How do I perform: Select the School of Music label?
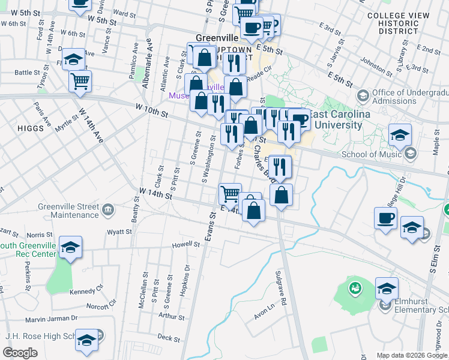(x=370, y=154)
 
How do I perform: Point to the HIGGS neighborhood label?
(x=31, y=128)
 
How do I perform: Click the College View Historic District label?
(x=399, y=23)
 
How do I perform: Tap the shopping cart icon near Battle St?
(x=80, y=80)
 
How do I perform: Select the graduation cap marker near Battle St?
(x=73, y=59)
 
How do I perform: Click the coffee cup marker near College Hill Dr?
(x=385, y=217)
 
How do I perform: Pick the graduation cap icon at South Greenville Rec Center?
(x=70, y=247)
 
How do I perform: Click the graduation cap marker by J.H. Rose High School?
(x=87, y=340)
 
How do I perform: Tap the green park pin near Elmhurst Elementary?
(x=355, y=287)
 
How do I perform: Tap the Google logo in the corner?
(x=20, y=353)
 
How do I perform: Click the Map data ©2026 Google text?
(x=411, y=355)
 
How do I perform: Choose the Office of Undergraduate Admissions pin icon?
(x=363, y=96)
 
